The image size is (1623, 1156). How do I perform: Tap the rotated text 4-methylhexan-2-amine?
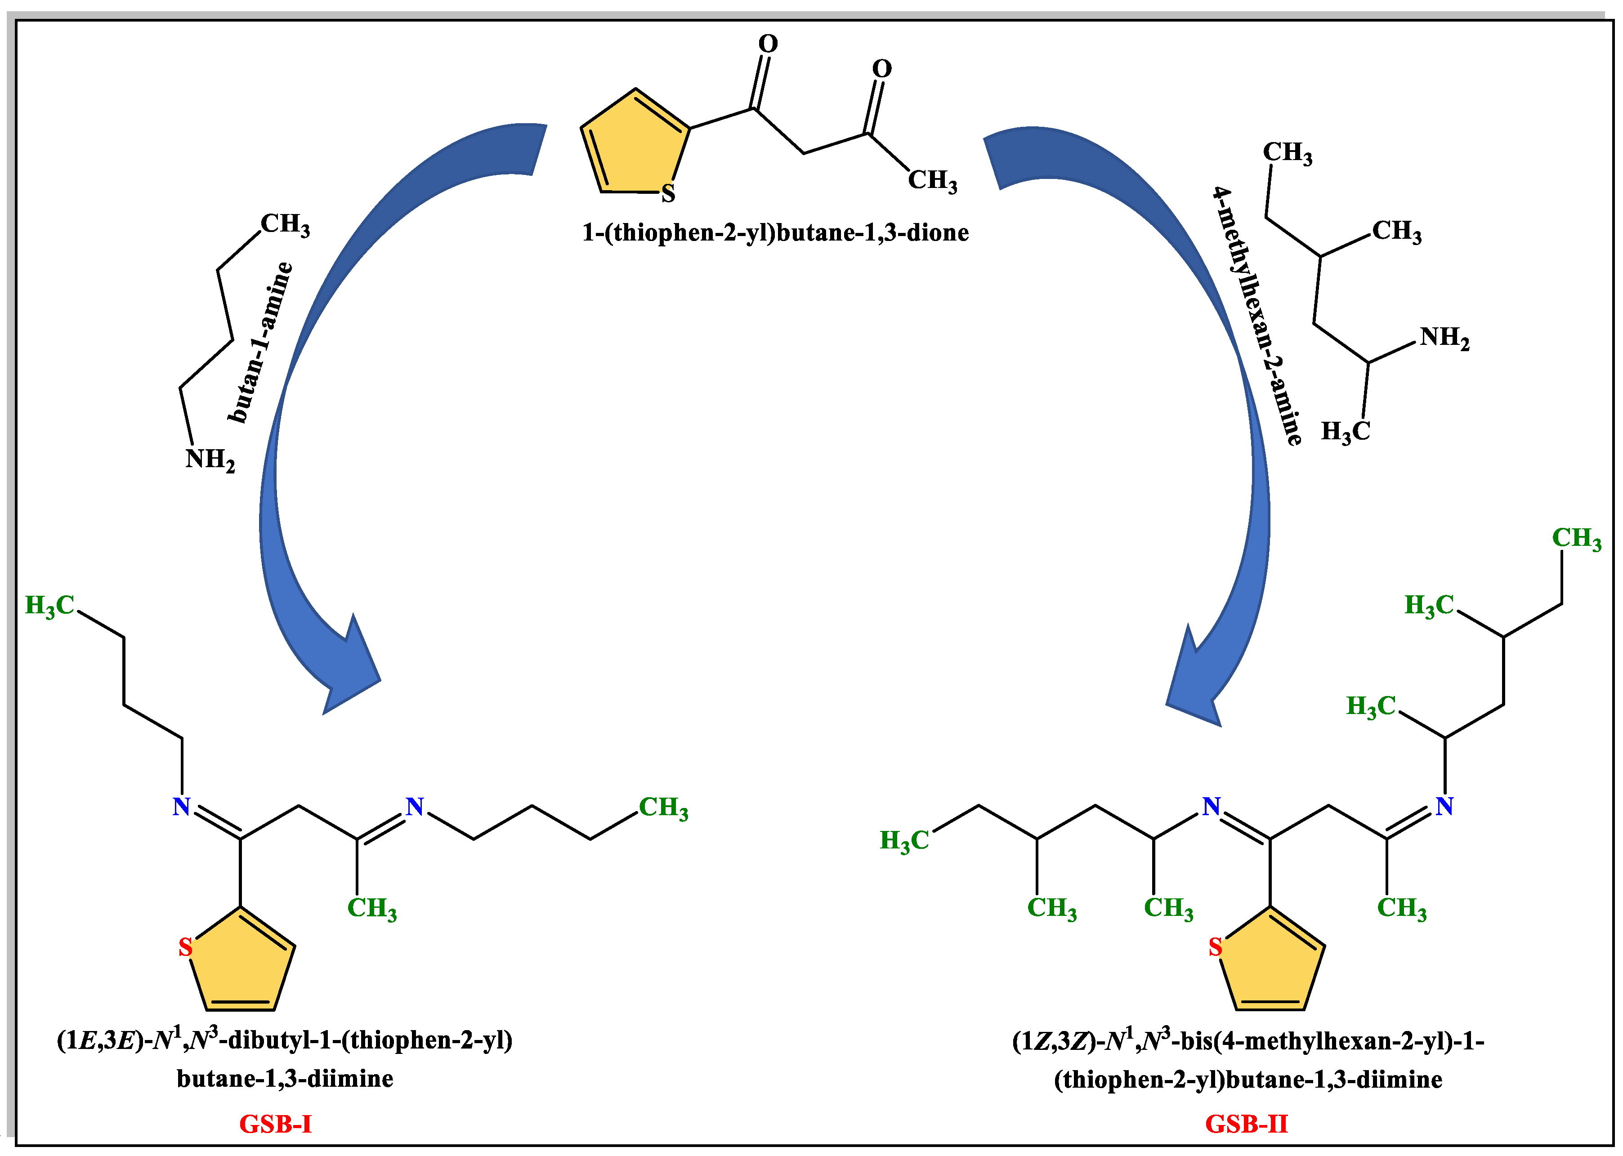tap(1257, 317)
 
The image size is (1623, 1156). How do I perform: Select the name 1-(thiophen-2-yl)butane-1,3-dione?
tap(775, 233)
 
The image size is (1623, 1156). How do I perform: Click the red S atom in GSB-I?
tap(185, 947)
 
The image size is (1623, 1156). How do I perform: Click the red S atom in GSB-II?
tap(1215, 947)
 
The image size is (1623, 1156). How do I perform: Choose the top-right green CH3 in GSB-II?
tap(1576, 539)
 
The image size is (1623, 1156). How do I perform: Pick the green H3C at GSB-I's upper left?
tap(50, 606)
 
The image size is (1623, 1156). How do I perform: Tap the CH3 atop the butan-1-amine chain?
tap(285, 224)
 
